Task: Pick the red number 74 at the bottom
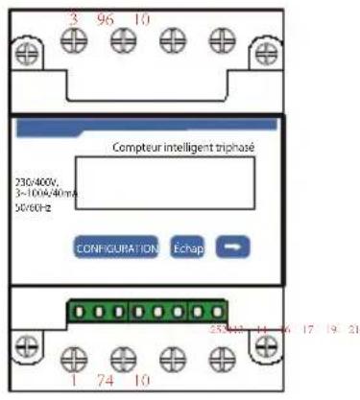[x=108, y=381]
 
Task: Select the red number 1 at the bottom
[x=73, y=381]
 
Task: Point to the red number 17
[x=307, y=329]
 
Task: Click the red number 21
[x=353, y=329]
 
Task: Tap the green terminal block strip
[x=146, y=314]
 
